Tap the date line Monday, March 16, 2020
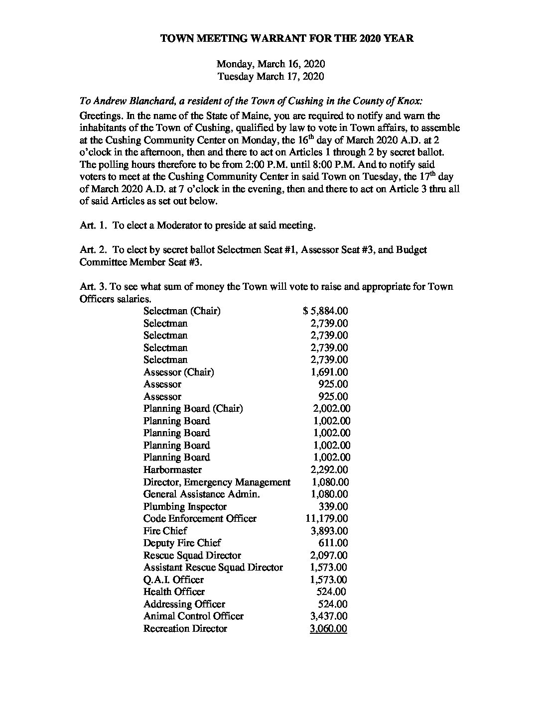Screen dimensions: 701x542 pyautogui.click(x=271, y=64)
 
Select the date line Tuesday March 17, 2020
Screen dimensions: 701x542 pyautogui.click(x=271, y=76)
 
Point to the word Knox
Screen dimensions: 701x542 pyautogui.click(x=408, y=101)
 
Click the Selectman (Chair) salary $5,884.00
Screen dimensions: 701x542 pyautogui.click(x=325, y=311)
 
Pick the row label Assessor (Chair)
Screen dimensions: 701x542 pyautogui.click(x=178, y=372)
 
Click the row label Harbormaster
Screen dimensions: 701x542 pyautogui.click(x=172, y=469)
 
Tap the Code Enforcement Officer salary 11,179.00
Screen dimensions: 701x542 pyautogui.click(x=327, y=518)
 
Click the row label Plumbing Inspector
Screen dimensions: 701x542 pyautogui.click(x=185, y=506)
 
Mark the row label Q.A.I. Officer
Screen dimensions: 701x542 pyautogui.click(x=173, y=580)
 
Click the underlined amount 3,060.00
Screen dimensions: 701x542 pyautogui.click(x=328, y=628)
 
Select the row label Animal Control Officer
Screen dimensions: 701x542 pyautogui.click(x=193, y=616)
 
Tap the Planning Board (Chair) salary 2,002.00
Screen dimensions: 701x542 pyautogui.click(x=331, y=409)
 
